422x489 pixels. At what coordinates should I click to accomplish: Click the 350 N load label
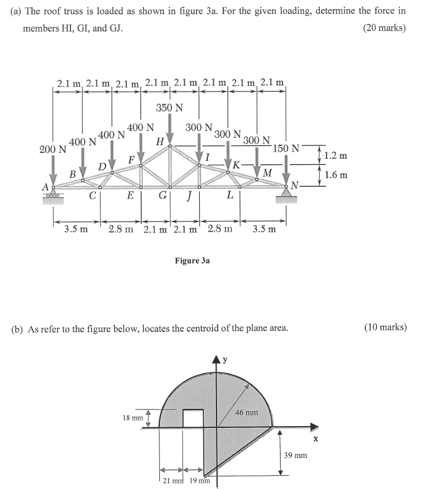point(169,108)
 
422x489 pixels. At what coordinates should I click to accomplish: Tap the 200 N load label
point(53,150)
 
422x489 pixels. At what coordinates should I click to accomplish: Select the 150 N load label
point(286,148)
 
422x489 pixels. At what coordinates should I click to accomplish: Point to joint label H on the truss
point(160,141)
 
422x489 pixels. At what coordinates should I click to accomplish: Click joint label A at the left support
point(44,186)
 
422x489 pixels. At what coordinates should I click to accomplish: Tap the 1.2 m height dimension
point(335,156)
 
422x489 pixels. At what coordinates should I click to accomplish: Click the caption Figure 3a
point(192,261)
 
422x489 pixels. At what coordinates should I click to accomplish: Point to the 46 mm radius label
point(248,413)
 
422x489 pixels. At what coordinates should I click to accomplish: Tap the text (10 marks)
point(385,328)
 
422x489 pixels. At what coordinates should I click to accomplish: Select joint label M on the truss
point(267,172)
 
